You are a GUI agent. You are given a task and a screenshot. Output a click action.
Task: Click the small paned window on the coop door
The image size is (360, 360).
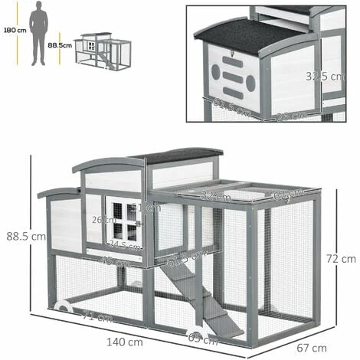[123, 220]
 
